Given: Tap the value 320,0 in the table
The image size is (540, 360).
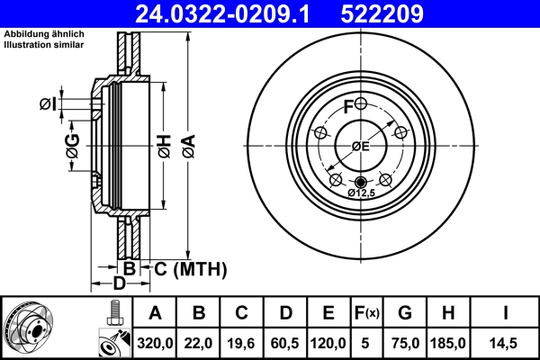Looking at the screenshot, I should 155,343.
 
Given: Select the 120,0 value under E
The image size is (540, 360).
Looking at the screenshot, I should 328,343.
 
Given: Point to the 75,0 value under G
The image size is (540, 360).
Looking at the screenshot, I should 405,343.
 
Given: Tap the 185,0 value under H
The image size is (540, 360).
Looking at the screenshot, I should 450,343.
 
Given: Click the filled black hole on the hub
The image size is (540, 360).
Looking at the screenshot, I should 360,183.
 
